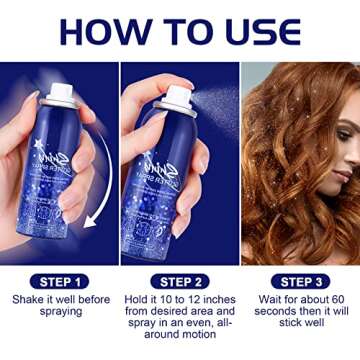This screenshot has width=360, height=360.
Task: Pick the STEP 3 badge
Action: tap(299, 283)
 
